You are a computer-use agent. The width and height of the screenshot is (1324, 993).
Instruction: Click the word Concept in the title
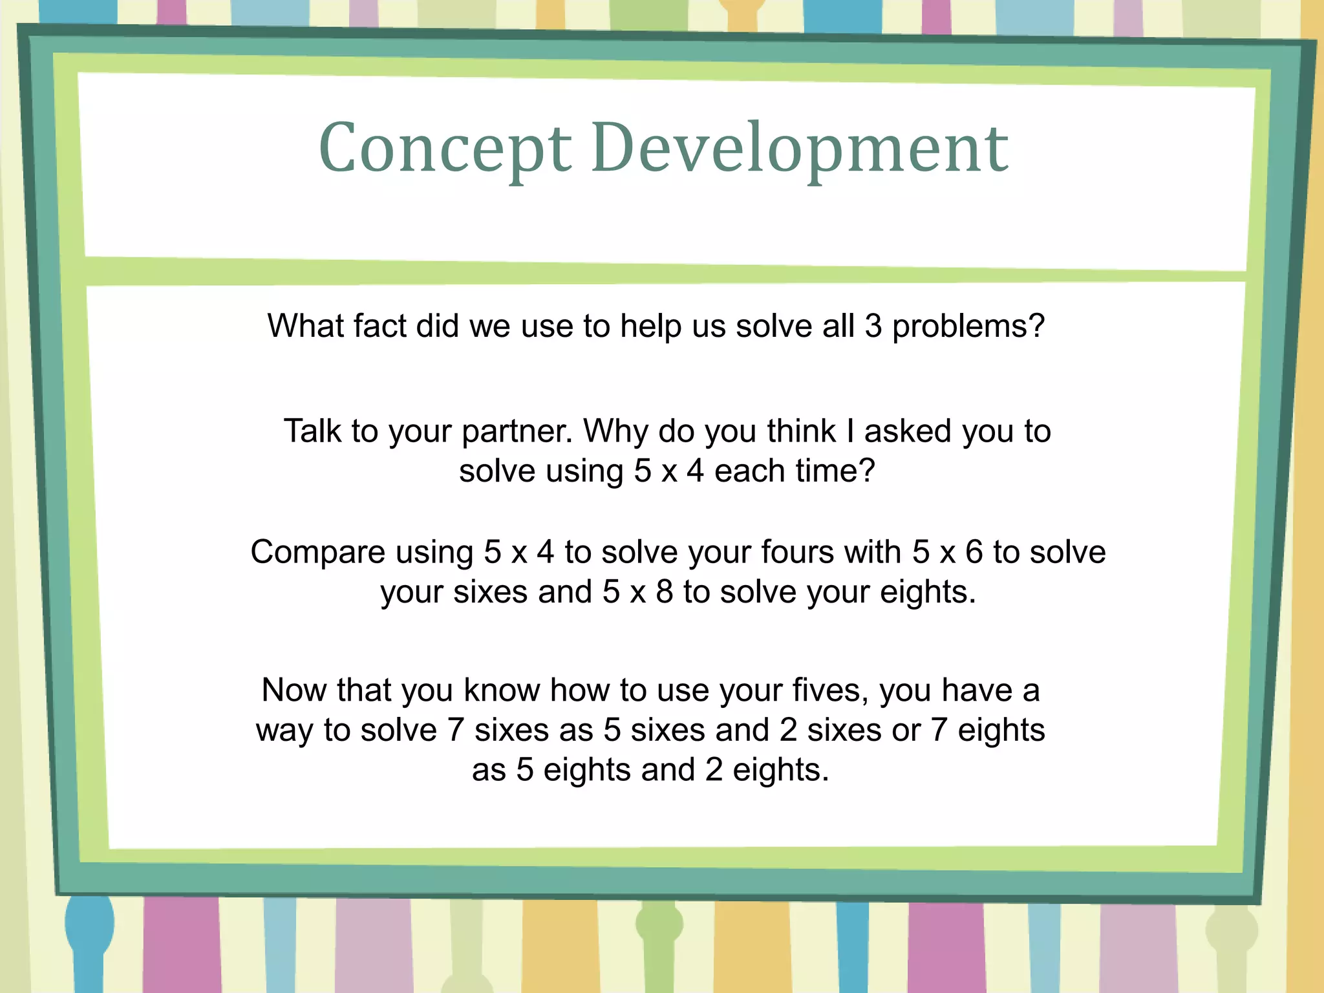[x=445, y=149]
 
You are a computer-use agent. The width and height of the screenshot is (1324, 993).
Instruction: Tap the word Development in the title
[x=799, y=149]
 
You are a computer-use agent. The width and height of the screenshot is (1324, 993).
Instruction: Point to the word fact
[x=380, y=326]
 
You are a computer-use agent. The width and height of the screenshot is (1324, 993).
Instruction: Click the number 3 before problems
[x=873, y=326]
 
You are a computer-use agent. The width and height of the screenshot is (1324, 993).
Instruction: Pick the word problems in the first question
[x=968, y=327]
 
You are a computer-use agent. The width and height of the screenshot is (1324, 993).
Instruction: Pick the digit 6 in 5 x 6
[x=974, y=552]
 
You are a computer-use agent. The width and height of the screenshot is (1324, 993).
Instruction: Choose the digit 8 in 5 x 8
[x=665, y=592]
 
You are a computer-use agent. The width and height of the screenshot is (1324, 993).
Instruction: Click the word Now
[x=294, y=690]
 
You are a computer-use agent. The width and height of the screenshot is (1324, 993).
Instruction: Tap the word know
[x=502, y=690]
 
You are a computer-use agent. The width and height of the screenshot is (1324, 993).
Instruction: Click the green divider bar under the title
[x=666, y=272]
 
